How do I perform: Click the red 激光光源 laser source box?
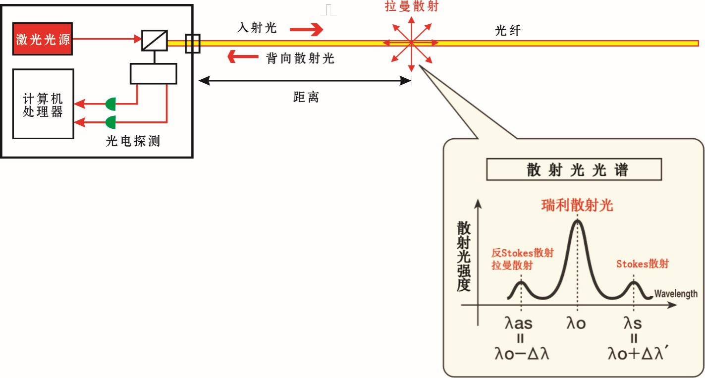pyautogui.click(x=43, y=39)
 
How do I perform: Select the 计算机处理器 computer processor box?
pyautogui.click(x=43, y=104)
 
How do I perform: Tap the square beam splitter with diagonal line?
pyautogui.click(x=154, y=40)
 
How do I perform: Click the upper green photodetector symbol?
pyautogui.click(x=110, y=104)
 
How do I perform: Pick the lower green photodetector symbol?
pyautogui.click(x=110, y=122)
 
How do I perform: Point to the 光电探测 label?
pyautogui.click(x=133, y=141)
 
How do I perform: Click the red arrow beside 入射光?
pyautogui.click(x=306, y=30)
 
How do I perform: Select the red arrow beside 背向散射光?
pyautogui.click(x=243, y=56)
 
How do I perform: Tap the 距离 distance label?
pyautogui.click(x=306, y=97)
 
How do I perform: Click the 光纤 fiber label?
pyautogui.click(x=508, y=31)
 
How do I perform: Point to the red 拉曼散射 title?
pyautogui.click(x=412, y=6)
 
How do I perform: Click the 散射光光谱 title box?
pyautogui.click(x=574, y=169)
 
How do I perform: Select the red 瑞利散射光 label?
pyautogui.click(x=577, y=205)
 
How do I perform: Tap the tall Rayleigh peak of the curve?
pyautogui.click(x=577, y=222)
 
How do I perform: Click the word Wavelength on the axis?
pyautogui.click(x=676, y=294)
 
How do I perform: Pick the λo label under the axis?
pyautogui.click(x=576, y=323)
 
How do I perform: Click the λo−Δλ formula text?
pyautogui.click(x=522, y=354)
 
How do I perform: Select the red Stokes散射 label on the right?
pyautogui.click(x=643, y=264)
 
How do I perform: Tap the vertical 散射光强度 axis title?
pyautogui.click(x=464, y=257)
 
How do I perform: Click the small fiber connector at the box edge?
pyautogui.click(x=193, y=44)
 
